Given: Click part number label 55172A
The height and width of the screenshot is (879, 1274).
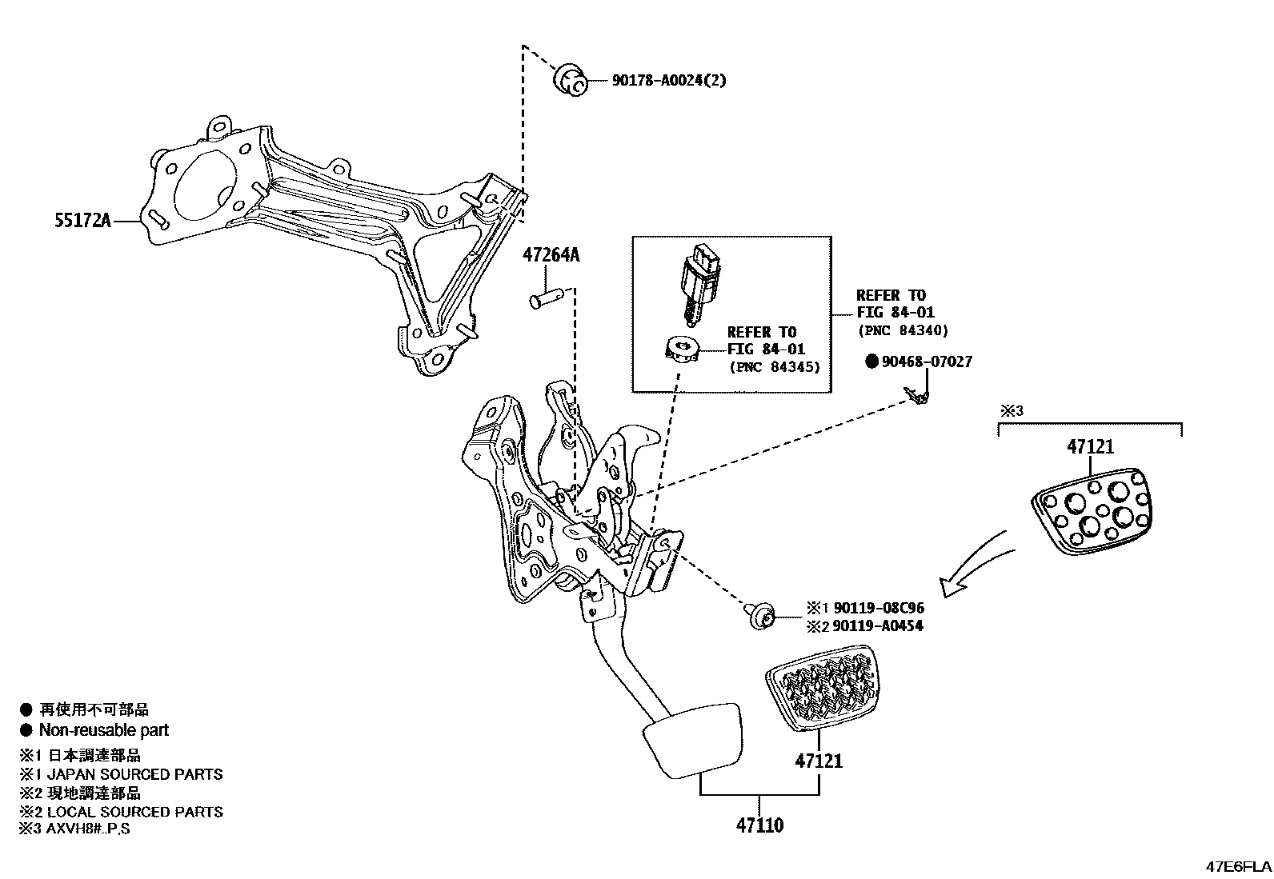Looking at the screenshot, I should click(x=82, y=220).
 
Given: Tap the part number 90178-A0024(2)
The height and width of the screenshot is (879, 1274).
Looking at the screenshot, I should click(x=669, y=80).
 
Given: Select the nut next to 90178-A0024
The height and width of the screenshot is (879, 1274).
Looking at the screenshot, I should click(x=570, y=81).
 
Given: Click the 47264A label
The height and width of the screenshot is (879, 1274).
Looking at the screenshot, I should click(x=551, y=256).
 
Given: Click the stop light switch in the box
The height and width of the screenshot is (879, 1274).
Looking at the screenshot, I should click(x=699, y=282).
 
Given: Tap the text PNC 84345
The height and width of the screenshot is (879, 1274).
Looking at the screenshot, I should click(x=775, y=367).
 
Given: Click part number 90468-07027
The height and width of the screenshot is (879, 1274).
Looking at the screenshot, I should click(x=927, y=362).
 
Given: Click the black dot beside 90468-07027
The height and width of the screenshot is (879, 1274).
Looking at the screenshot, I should click(x=871, y=362).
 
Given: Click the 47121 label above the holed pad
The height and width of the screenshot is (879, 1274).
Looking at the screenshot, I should click(x=1090, y=447).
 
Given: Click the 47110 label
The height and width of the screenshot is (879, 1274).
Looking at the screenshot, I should click(x=759, y=825).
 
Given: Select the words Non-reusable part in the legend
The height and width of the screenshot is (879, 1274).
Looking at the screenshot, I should click(x=104, y=729).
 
